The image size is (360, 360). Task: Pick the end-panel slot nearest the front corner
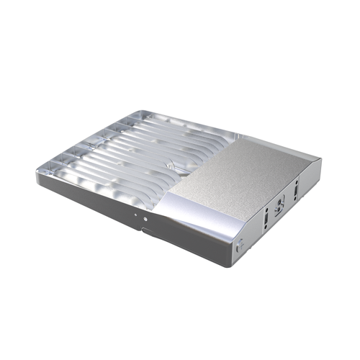(x=266, y=215)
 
